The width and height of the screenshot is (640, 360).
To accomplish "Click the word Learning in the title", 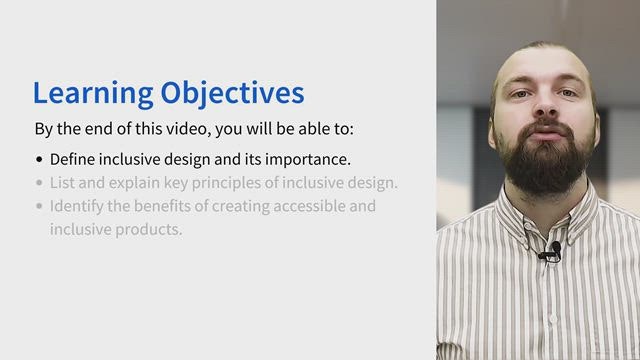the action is (93, 94).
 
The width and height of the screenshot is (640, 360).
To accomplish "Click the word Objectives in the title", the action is (232, 94).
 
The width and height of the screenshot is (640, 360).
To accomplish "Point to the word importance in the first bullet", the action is (308, 160).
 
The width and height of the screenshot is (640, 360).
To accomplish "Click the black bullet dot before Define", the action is (39, 159).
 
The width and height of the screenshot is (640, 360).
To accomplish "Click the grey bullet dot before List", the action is (39, 182).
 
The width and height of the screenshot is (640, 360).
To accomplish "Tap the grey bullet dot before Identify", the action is (39, 206).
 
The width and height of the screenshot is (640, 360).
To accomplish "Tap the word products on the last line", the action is (149, 230).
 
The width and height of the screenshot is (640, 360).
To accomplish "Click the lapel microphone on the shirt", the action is (553, 251).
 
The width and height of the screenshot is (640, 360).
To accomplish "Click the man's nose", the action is (545, 104).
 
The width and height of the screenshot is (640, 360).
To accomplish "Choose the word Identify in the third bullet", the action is (77, 207).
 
